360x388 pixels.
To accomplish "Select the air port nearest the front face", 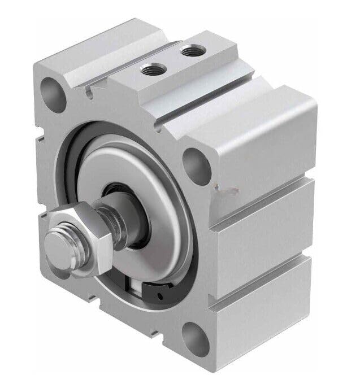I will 151,71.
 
